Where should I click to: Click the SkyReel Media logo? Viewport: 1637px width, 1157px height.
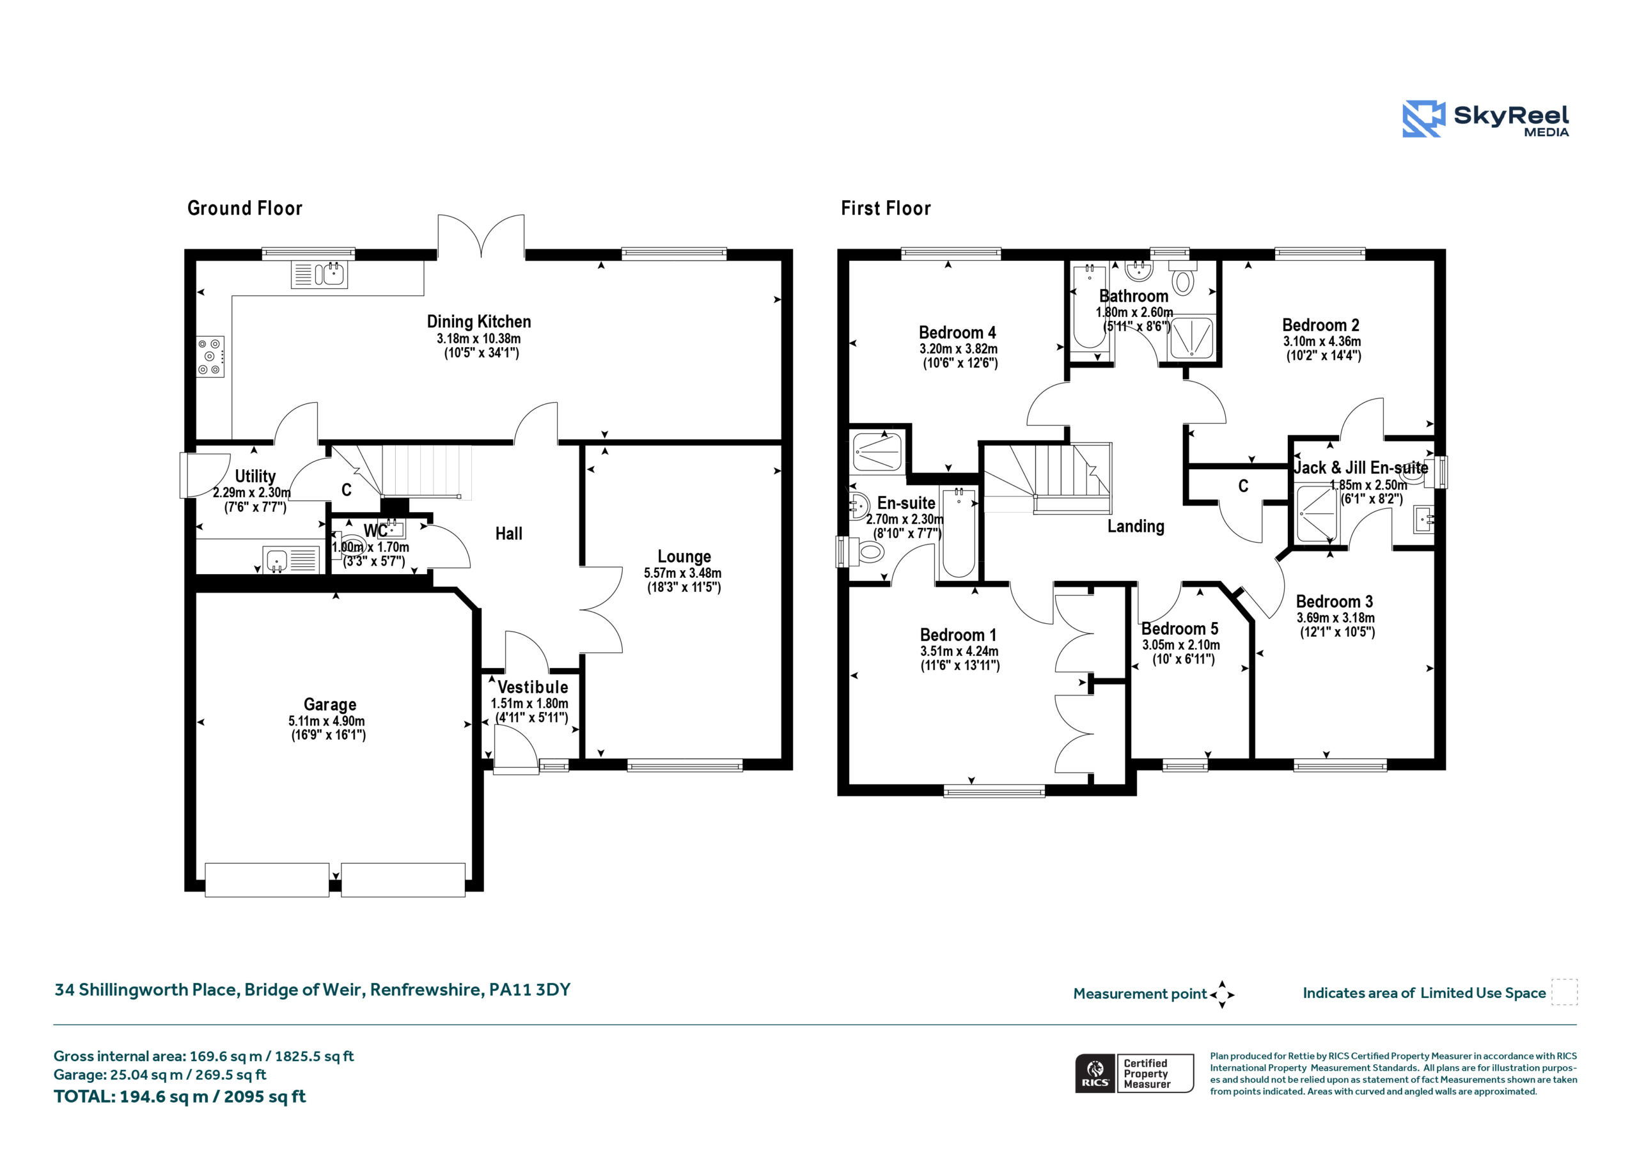coord(1486,119)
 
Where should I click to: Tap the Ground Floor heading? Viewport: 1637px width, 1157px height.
coord(244,208)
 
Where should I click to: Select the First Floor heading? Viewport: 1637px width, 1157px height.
coord(886,208)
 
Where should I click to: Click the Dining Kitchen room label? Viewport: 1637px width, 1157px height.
coord(478,322)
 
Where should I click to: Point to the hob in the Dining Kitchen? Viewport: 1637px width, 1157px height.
coord(211,357)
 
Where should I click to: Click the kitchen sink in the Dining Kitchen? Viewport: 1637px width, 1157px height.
coord(320,274)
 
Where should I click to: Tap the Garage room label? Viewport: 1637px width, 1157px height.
coord(329,704)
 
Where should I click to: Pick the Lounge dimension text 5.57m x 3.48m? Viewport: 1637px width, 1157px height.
coord(682,573)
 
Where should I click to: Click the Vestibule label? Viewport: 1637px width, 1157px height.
coord(533,687)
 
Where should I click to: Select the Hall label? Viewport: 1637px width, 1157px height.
coord(508,533)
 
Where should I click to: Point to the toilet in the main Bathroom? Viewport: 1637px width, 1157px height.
coord(1183,278)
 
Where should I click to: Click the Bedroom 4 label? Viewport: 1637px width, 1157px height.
coord(957,332)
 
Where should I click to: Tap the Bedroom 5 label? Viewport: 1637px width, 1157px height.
coord(1179,629)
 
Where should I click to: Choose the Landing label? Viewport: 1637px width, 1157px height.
coord(1135,526)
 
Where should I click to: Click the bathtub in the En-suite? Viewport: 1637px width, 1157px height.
coord(959,532)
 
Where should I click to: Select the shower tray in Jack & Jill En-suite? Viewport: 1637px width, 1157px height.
coord(1317,513)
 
